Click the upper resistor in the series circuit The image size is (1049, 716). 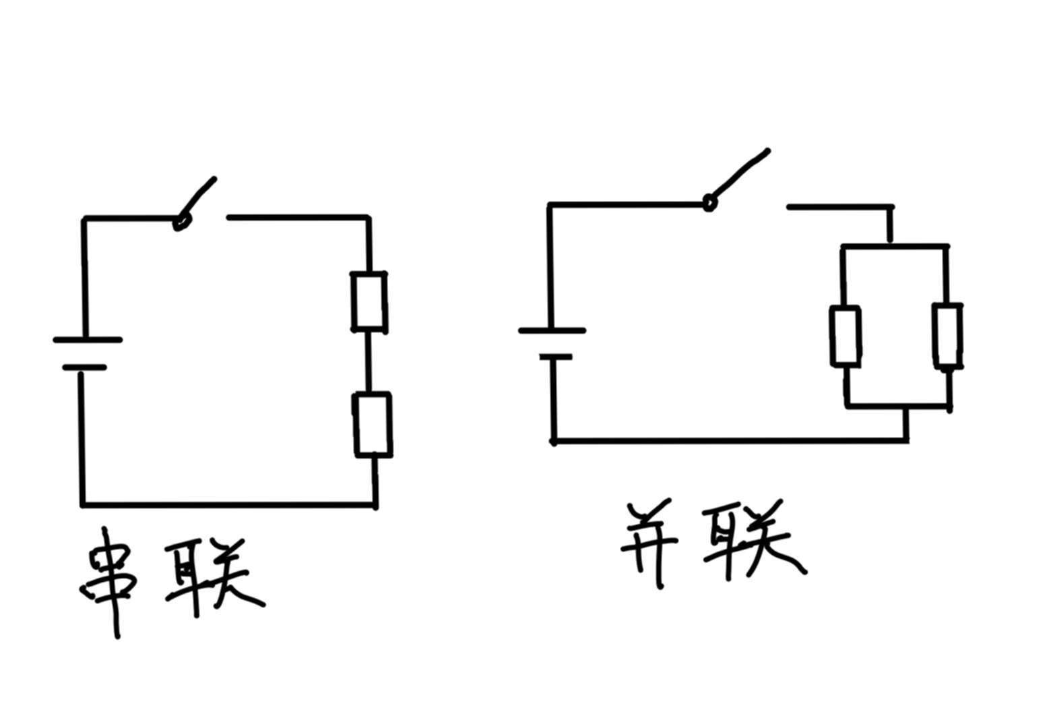coord(369,301)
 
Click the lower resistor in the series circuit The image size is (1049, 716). coord(373,425)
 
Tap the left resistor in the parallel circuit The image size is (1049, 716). coord(845,336)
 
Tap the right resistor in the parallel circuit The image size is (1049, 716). coord(947,335)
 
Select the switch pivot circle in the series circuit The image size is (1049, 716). coord(181,221)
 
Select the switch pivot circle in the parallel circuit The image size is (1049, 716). coord(709,202)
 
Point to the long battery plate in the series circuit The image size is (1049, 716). coord(88,340)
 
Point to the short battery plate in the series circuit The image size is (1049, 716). coord(84,367)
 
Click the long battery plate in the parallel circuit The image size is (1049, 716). coord(552,330)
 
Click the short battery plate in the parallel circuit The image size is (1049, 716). coord(555,357)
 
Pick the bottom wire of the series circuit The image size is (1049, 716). coord(229,504)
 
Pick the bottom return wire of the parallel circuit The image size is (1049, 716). coord(728,441)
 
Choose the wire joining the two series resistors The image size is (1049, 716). coord(369,362)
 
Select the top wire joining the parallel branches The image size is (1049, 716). coord(895,247)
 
